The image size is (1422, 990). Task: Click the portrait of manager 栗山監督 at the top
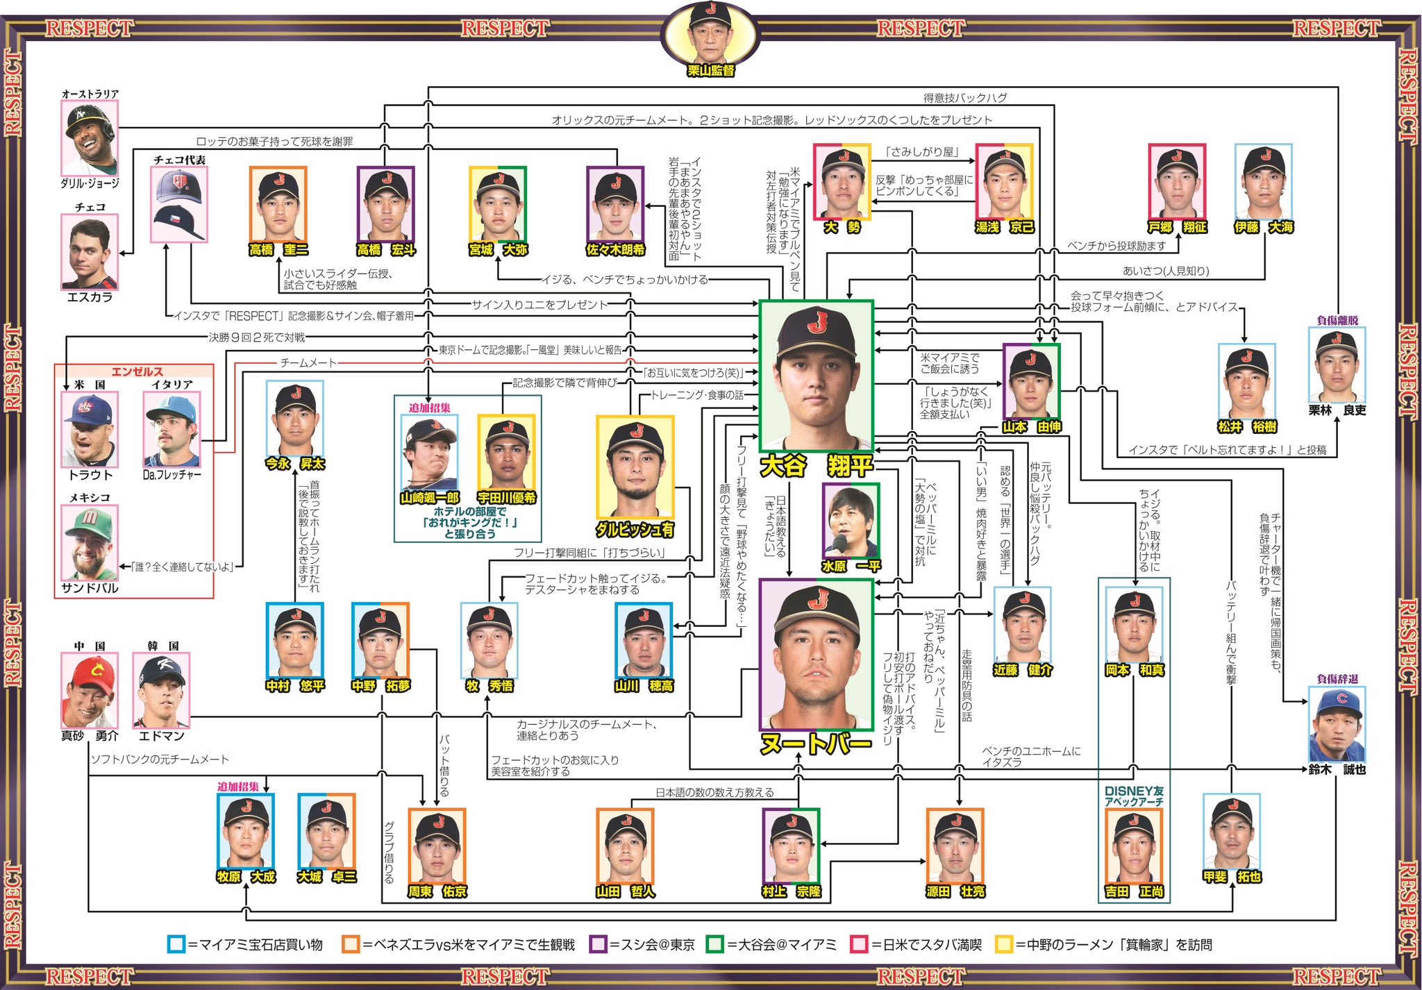click(710, 33)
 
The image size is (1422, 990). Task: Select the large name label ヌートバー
click(816, 745)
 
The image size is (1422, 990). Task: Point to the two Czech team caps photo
click(179, 204)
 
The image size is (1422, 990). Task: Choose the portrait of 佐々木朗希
click(615, 204)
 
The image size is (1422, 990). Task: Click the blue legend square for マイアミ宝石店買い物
click(176, 944)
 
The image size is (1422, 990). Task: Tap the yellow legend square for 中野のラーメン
click(1003, 944)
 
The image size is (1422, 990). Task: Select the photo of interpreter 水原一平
click(851, 521)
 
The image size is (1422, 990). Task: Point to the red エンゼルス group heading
click(137, 371)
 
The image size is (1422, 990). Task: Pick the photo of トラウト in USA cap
click(89, 430)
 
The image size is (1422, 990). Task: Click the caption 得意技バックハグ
click(965, 98)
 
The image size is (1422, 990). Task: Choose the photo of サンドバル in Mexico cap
click(90, 542)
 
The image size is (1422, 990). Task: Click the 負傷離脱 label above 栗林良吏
click(1337, 320)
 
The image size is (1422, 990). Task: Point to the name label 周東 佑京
click(437, 891)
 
